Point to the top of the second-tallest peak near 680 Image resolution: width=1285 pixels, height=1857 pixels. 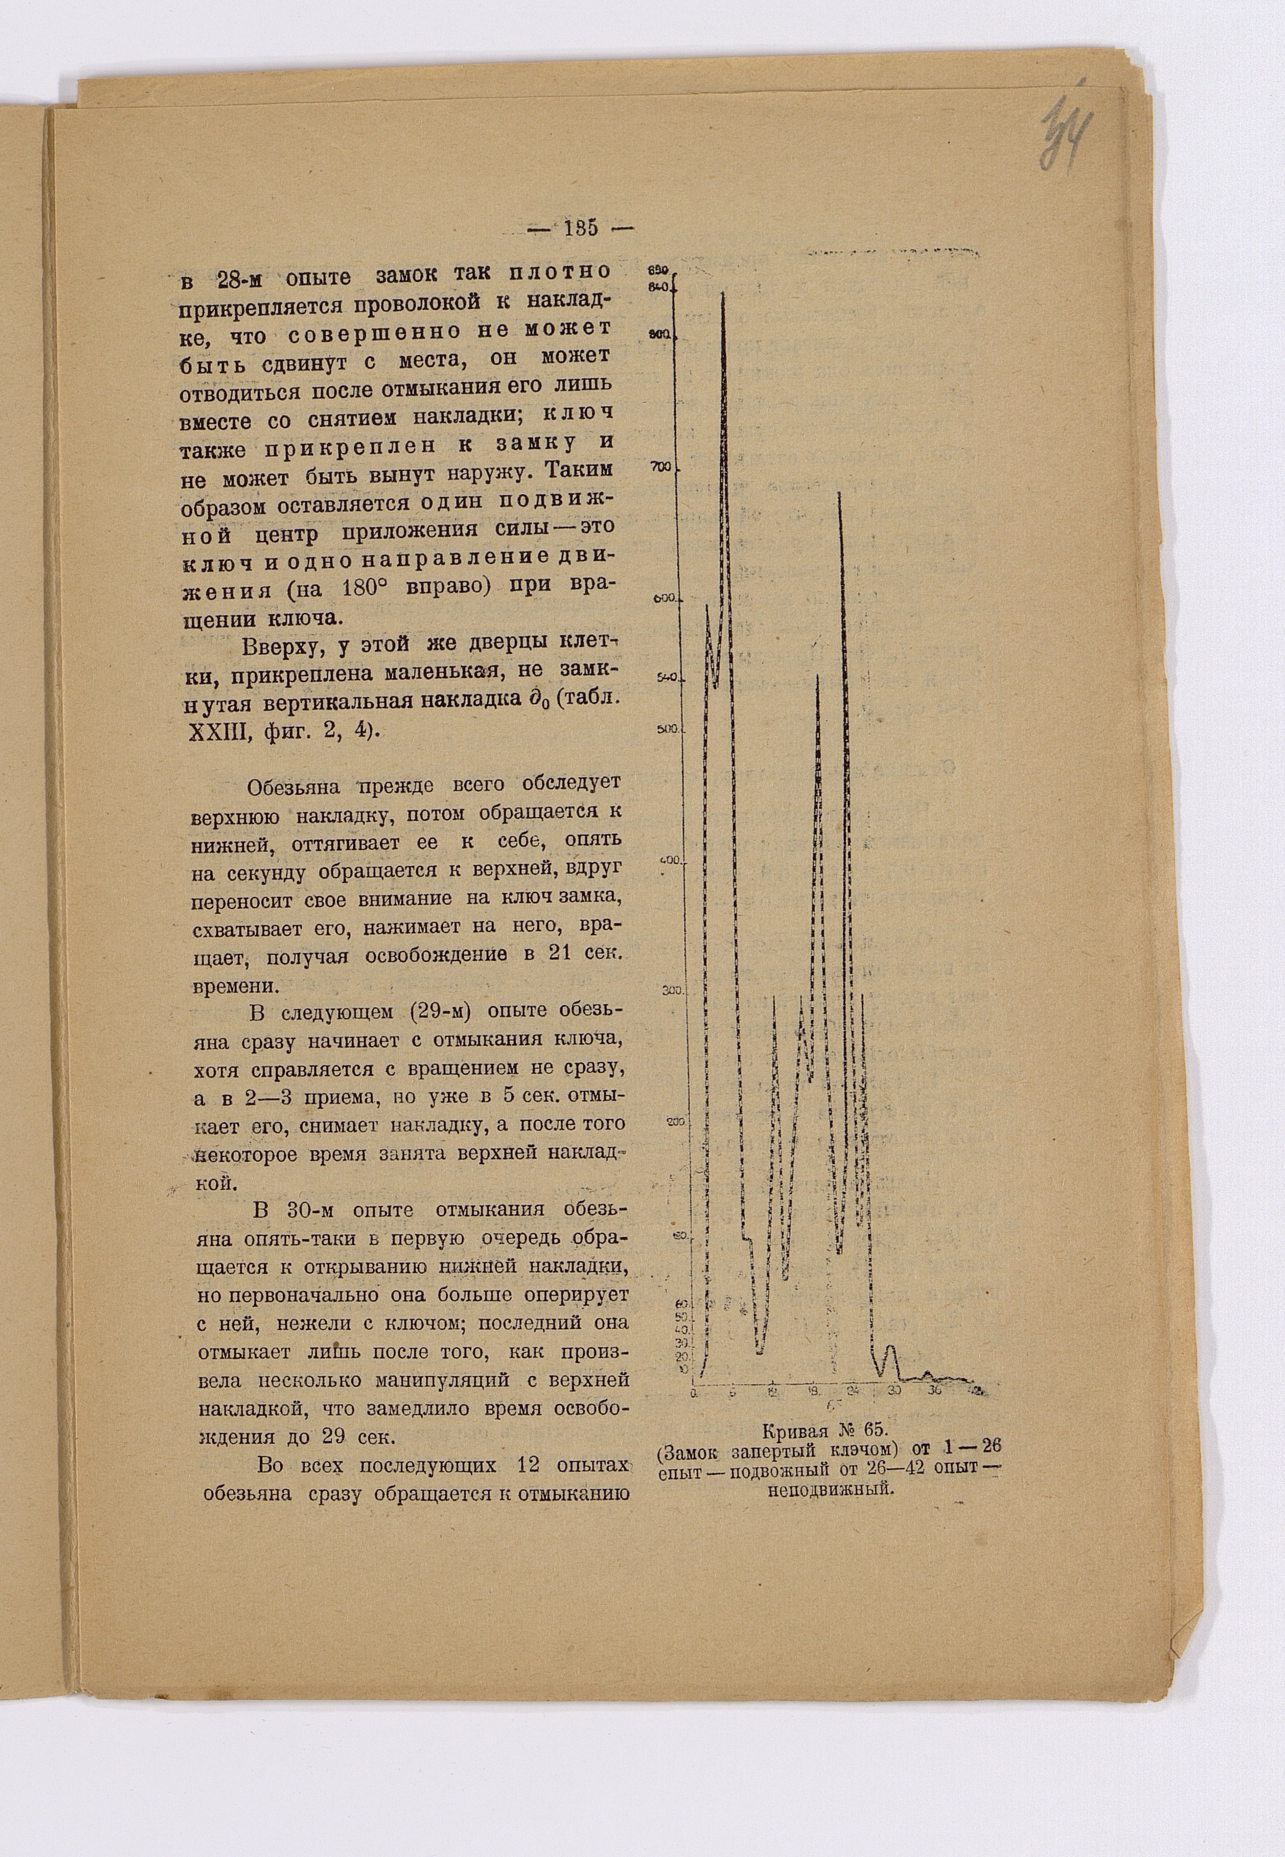click(x=840, y=493)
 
